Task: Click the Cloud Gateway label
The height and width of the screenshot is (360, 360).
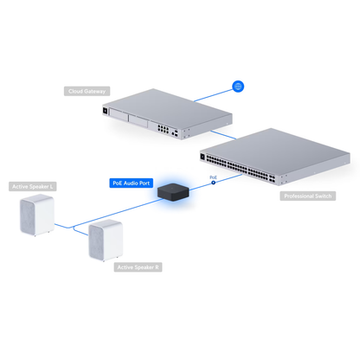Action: tap(87, 90)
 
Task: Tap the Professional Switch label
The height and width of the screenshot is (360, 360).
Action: tap(308, 196)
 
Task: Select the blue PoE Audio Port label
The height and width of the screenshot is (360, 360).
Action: tap(131, 183)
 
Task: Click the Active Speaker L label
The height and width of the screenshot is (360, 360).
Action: tap(33, 185)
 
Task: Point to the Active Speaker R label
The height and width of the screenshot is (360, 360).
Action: tap(138, 267)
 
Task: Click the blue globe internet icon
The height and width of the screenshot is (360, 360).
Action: tap(239, 87)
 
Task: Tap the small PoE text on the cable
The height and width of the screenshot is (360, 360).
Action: tap(214, 177)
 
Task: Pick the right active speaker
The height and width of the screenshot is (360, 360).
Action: tap(107, 240)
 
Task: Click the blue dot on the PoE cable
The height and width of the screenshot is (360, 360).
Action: tap(214, 183)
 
